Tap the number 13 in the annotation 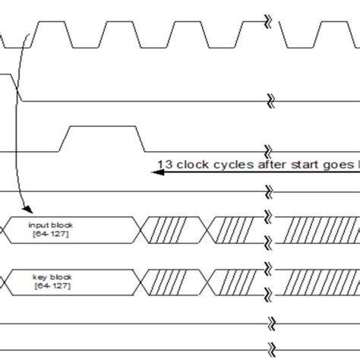164,163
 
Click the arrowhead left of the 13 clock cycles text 155,172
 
